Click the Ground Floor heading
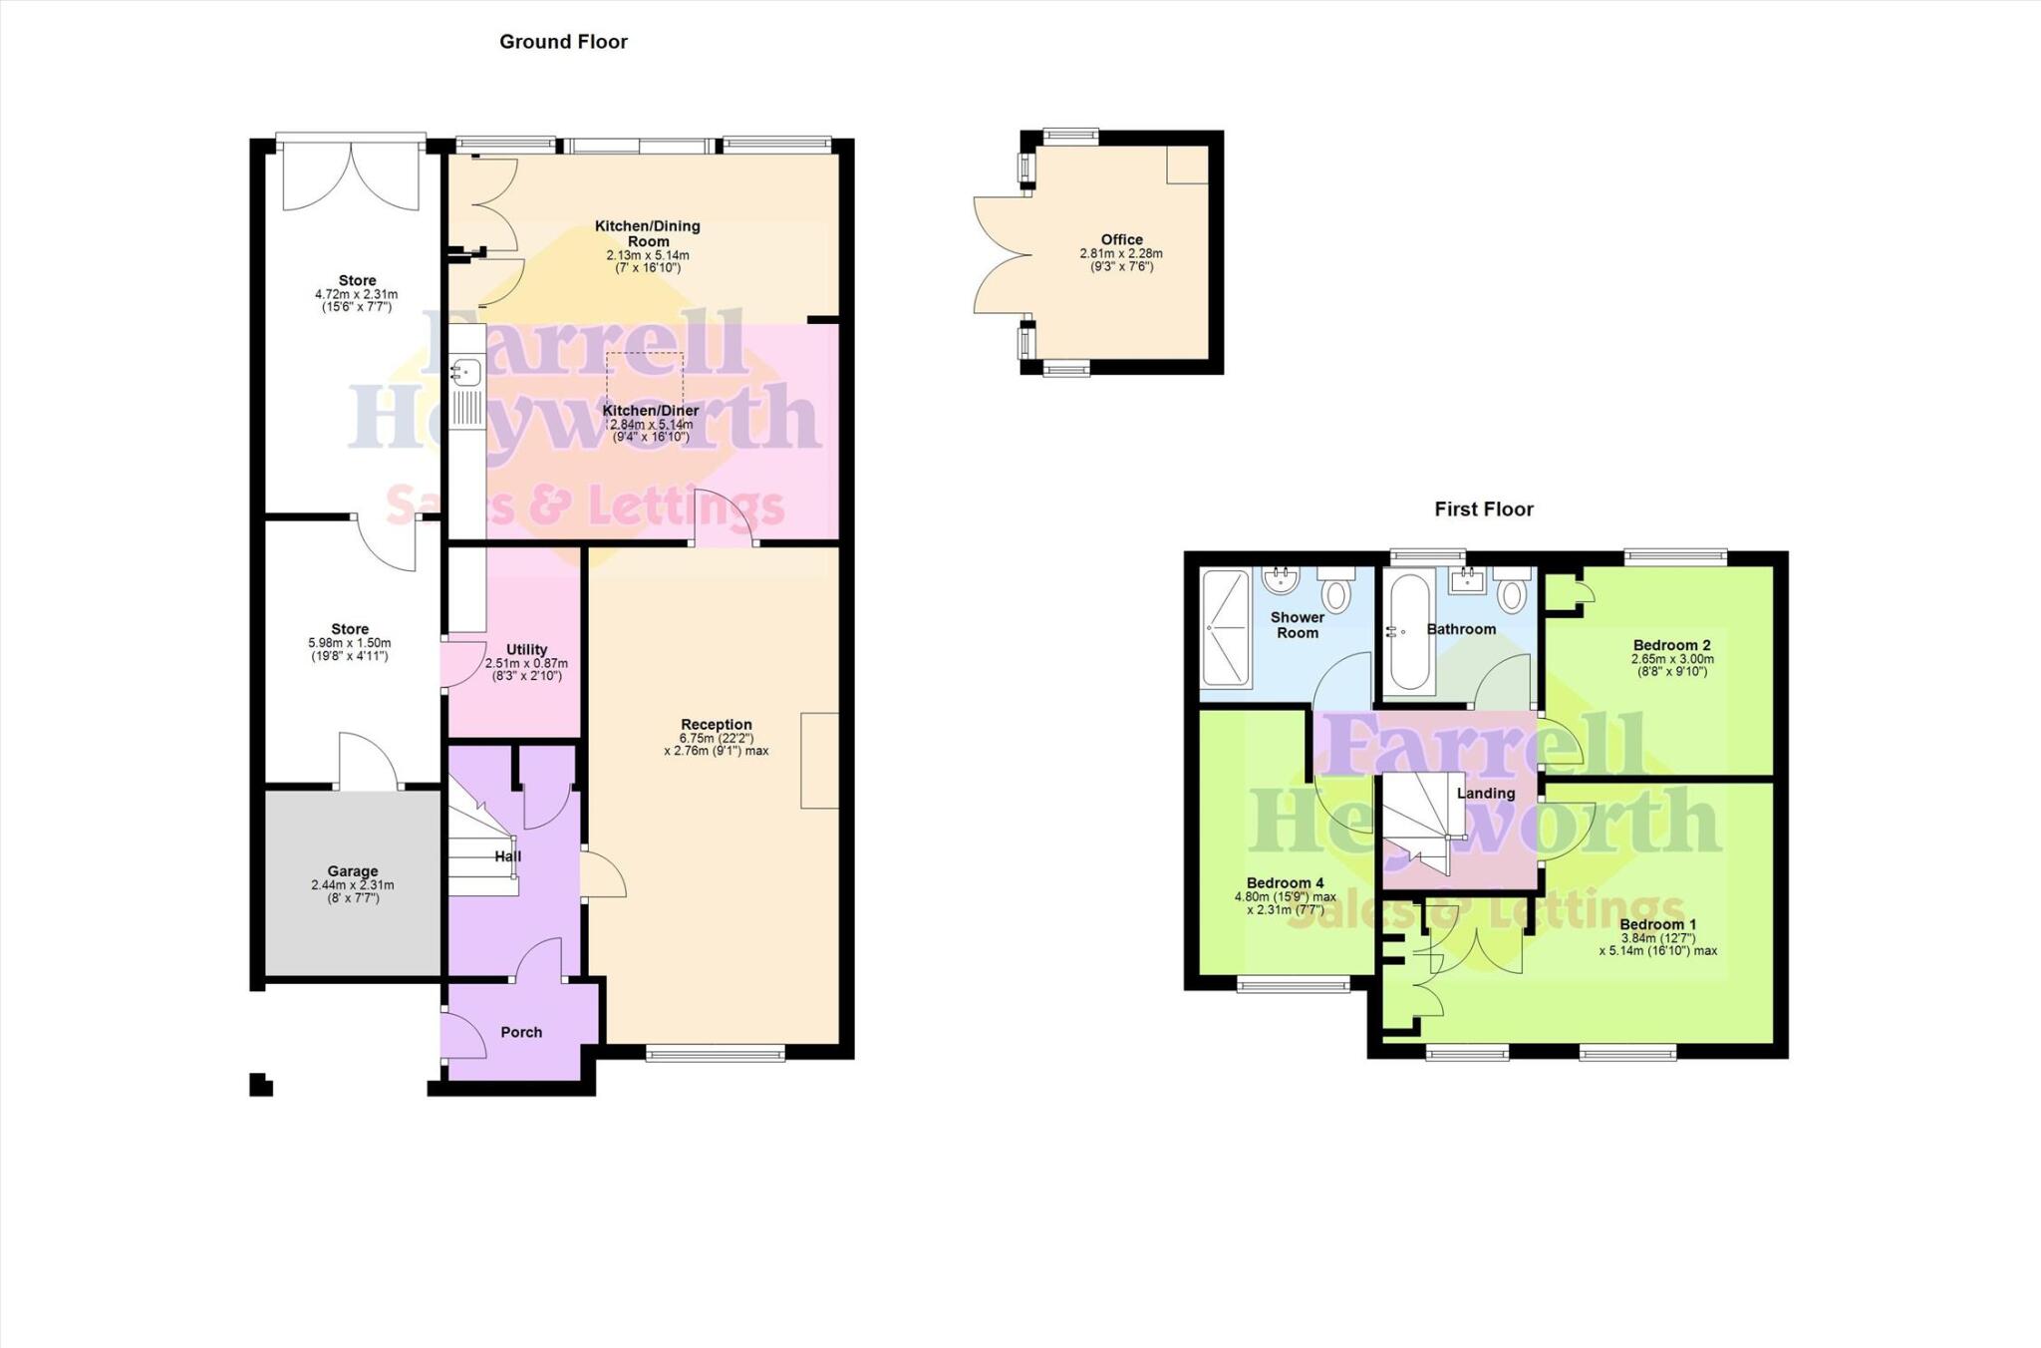pyautogui.click(x=563, y=42)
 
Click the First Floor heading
pyautogui.click(x=1483, y=509)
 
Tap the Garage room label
pyautogui.click(x=353, y=870)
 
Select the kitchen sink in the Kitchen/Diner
pyautogui.click(x=465, y=373)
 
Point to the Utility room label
pyautogui.click(x=526, y=649)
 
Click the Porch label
pyautogui.click(x=521, y=1032)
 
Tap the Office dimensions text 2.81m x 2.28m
pyautogui.click(x=1121, y=253)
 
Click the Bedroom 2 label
pyautogui.click(x=1671, y=645)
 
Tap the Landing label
pyautogui.click(x=1486, y=793)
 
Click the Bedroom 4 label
pyautogui.click(x=1285, y=882)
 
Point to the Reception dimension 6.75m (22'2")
pyautogui.click(x=716, y=738)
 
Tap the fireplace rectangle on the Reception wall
pyautogui.click(x=819, y=760)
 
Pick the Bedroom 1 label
pyautogui.click(x=1657, y=924)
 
